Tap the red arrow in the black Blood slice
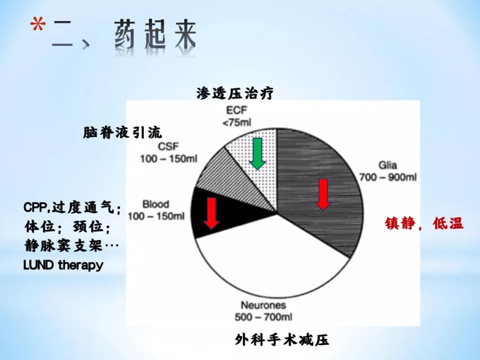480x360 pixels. pos(212,213)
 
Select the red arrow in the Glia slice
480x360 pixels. pos(323,194)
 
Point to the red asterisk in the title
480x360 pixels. pos(38,25)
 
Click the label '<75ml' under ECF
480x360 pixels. pos(236,123)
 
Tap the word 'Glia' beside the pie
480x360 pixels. pos(388,165)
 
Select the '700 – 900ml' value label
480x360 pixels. pos(388,177)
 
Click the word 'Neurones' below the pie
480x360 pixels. pos(264,305)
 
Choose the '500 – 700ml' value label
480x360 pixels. pos(264,317)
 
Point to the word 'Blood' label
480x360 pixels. pos(156,204)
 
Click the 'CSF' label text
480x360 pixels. pos(168,147)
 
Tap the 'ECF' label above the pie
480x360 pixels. pos(236,110)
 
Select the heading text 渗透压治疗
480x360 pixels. pos(235,93)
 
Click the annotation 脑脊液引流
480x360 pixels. pos(123,133)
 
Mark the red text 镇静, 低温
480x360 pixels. pos(424,224)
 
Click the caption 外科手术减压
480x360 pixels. pos(282,340)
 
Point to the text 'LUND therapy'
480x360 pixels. pos(64,265)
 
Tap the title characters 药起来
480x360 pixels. pos(155,35)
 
